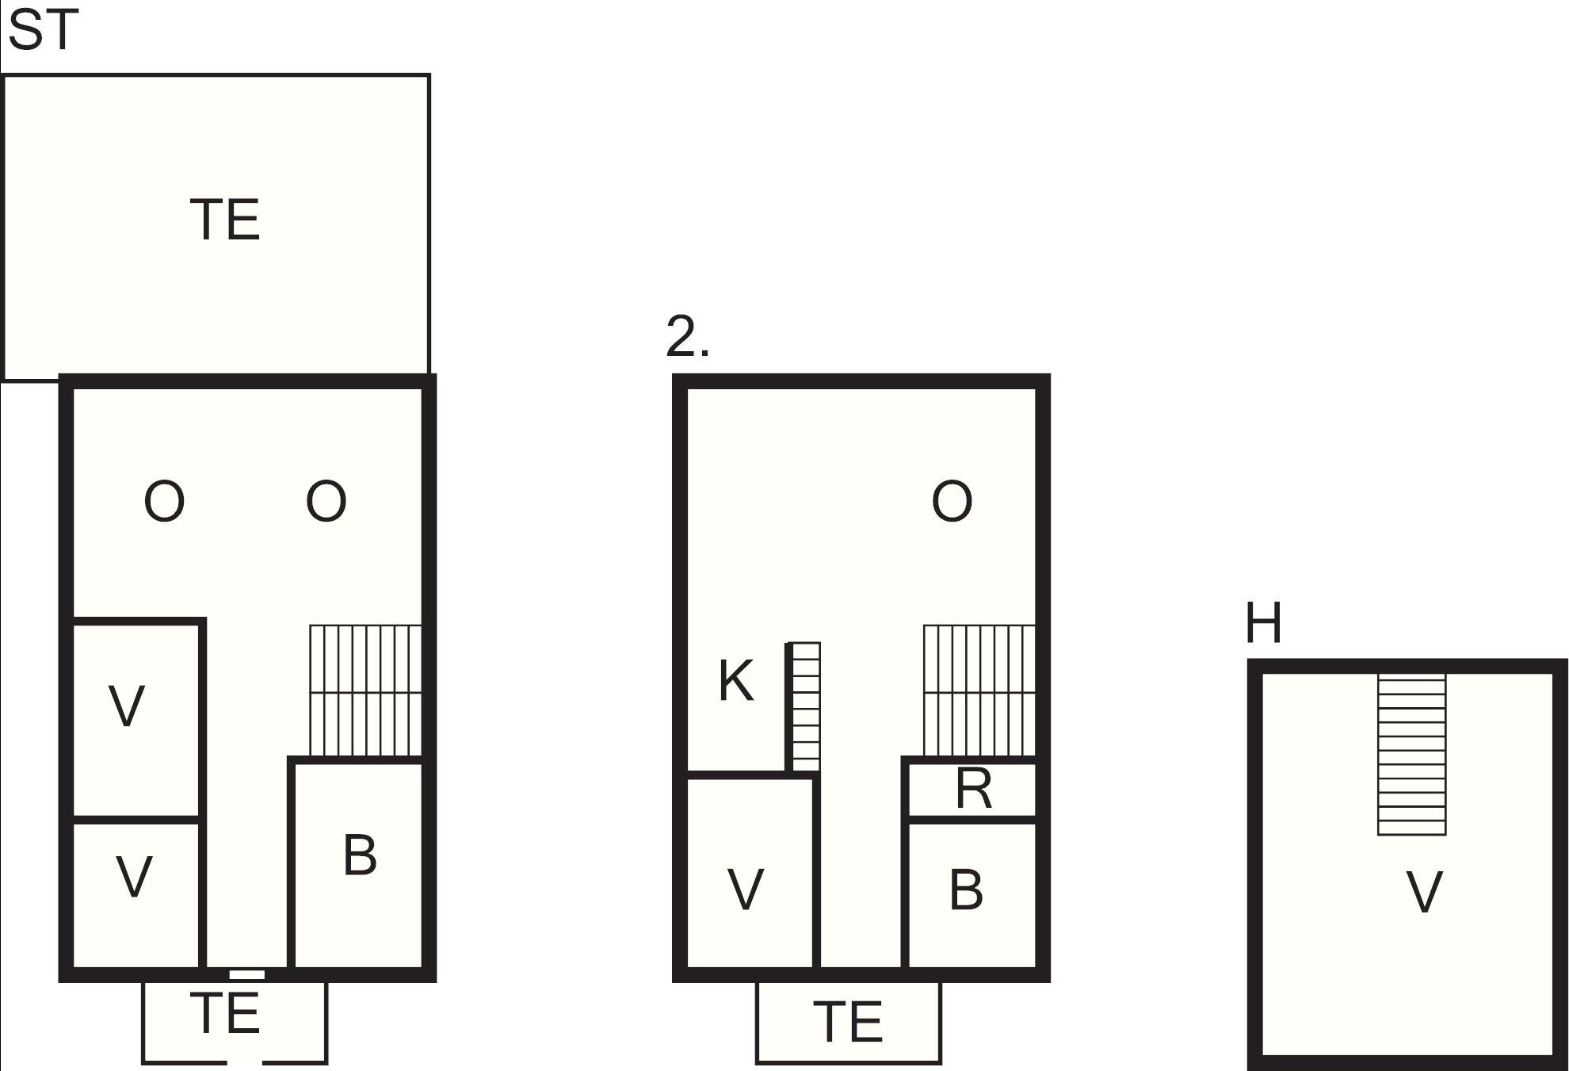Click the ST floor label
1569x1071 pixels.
(x=44, y=31)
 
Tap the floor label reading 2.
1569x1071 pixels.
(x=688, y=336)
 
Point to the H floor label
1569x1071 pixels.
(x=1264, y=623)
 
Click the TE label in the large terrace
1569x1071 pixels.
(x=225, y=220)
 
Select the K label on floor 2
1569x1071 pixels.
(x=736, y=681)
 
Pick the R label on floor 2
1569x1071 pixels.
(x=974, y=789)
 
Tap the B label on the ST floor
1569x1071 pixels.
(x=361, y=855)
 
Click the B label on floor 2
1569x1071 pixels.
(x=966, y=889)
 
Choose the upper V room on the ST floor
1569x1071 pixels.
(x=136, y=720)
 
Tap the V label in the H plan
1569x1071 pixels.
(x=1424, y=893)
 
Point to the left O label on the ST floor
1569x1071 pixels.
(x=164, y=501)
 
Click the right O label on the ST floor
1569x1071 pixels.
(x=326, y=501)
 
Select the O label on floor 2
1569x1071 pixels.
(x=952, y=501)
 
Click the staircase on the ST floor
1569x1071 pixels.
(x=365, y=690)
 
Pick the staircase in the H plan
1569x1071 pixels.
(x=1412, y=754)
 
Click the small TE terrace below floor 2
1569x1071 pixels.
(x=849, y=1022)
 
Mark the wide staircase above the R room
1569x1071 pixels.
(x=979, y=690)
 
